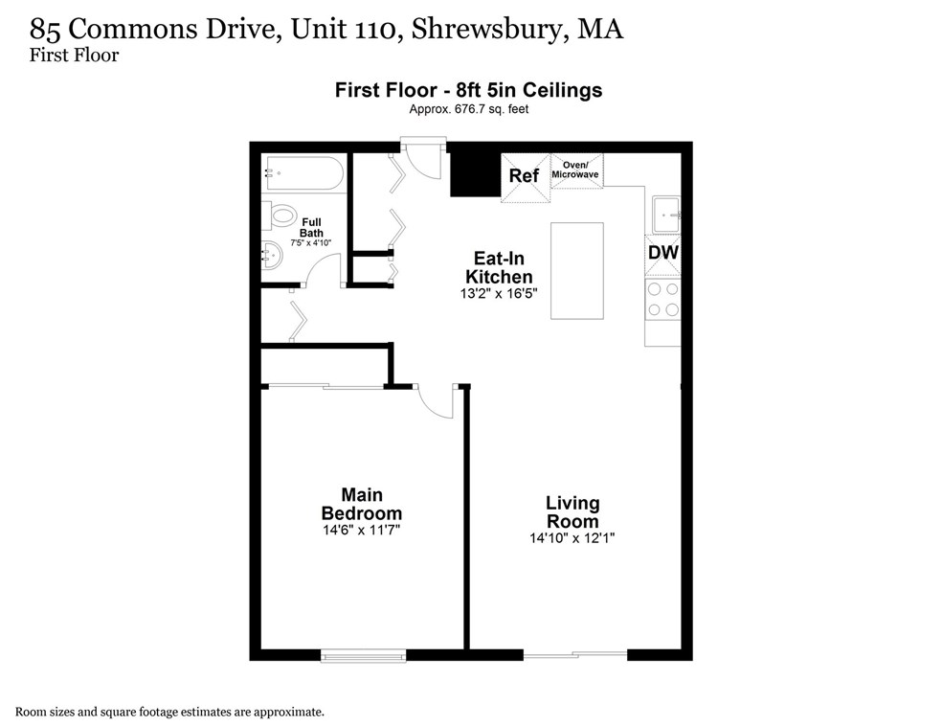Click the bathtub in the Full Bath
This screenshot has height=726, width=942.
point(303,174)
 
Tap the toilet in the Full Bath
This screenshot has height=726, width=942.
point(281,216)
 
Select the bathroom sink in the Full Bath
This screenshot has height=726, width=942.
point(271,255)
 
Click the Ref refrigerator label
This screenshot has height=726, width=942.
point(524,176)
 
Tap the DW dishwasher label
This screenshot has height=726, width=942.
point(662,253)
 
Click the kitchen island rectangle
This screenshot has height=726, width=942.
point(577,271)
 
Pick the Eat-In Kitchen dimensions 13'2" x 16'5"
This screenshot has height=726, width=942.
point(499,294)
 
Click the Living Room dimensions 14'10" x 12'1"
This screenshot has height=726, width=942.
point(572,538)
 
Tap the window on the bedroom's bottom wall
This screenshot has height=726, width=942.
point(363,656)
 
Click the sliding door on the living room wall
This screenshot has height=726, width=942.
point(574,655)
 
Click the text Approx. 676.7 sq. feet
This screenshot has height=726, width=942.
point(468,109)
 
